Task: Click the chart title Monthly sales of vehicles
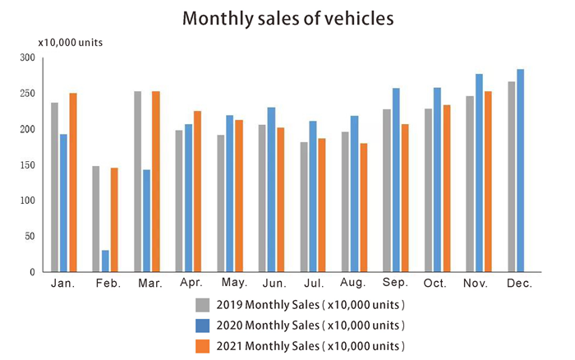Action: tap(287, 17)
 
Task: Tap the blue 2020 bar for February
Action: tap(105, 261)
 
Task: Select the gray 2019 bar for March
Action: tap(137, 182)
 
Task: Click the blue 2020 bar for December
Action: tap(520, 170)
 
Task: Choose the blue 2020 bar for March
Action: tap(147, 220)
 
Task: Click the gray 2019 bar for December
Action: tap(511, 176)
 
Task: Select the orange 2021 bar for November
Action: tap(488, 181)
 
